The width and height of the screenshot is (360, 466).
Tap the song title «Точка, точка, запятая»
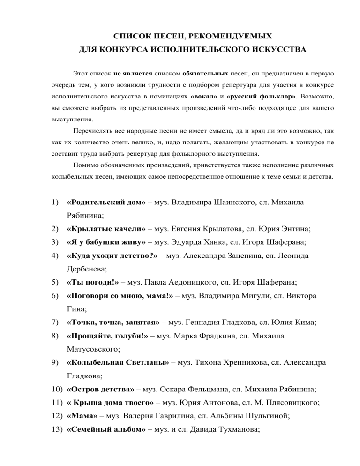(x=115, y=323)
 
